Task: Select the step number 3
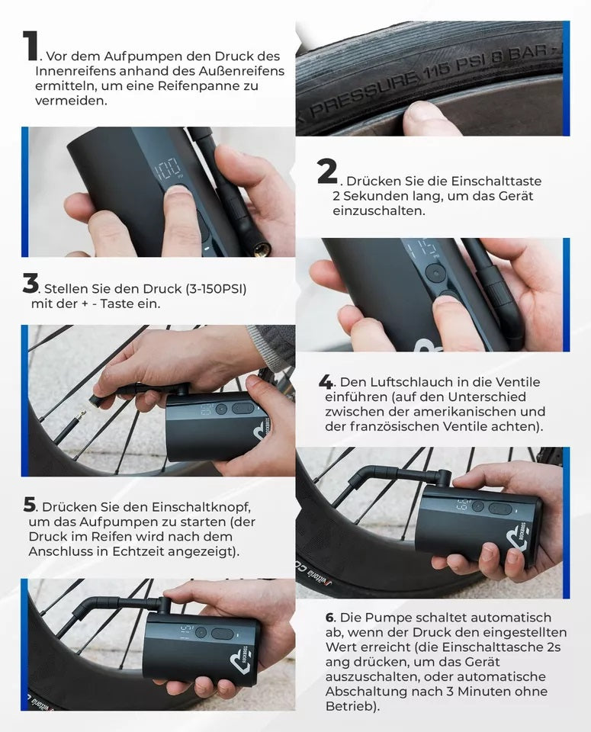coord(31,284)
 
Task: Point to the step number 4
coord(326,381)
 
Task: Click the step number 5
coord(30,505)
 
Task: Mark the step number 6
coord(329,617)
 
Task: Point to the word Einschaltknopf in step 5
coord(206,507)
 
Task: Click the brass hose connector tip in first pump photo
coord(262,249)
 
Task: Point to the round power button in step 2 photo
coord(435,272)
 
